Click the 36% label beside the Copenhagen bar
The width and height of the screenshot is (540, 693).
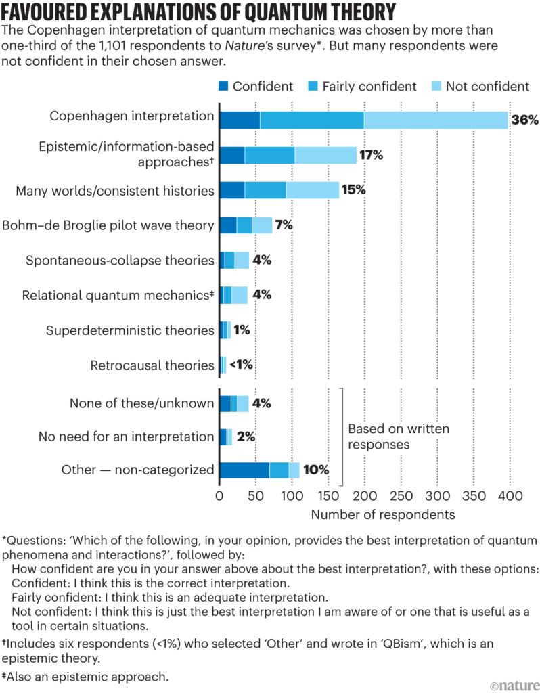coord(524,120)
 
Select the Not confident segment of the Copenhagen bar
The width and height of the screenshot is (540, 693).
coord(436,120)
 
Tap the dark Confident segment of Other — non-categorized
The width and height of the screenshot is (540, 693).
coord(244,470)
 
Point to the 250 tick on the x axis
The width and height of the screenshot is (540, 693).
coord(401,497)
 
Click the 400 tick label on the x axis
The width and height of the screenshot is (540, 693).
coord(510,497)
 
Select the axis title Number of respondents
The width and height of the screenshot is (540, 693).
coord(383,515)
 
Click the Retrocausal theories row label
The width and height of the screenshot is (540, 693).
coord(152,365)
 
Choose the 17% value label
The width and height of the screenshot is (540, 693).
coord(371,155)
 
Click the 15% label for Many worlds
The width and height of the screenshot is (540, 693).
coord(353,190)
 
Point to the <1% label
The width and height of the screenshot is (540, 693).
coord(240,365)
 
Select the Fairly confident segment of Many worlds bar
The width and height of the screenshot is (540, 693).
coord(265,190)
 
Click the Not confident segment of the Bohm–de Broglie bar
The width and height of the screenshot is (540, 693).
coord(262,225)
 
